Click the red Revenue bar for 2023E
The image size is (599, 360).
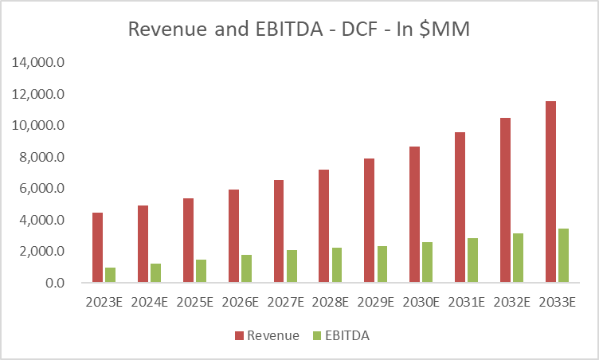point(97,248)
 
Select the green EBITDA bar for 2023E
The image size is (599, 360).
point(110,275)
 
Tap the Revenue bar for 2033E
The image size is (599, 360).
point(550,192)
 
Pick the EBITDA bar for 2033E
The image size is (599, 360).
point(564,256)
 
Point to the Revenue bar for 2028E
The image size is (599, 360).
point(324,226)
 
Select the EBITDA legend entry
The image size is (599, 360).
point(344,336)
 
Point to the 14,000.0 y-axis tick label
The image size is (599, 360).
point(37,63)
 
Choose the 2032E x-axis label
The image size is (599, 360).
point(512,303)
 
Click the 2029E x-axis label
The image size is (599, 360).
point(376,303)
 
